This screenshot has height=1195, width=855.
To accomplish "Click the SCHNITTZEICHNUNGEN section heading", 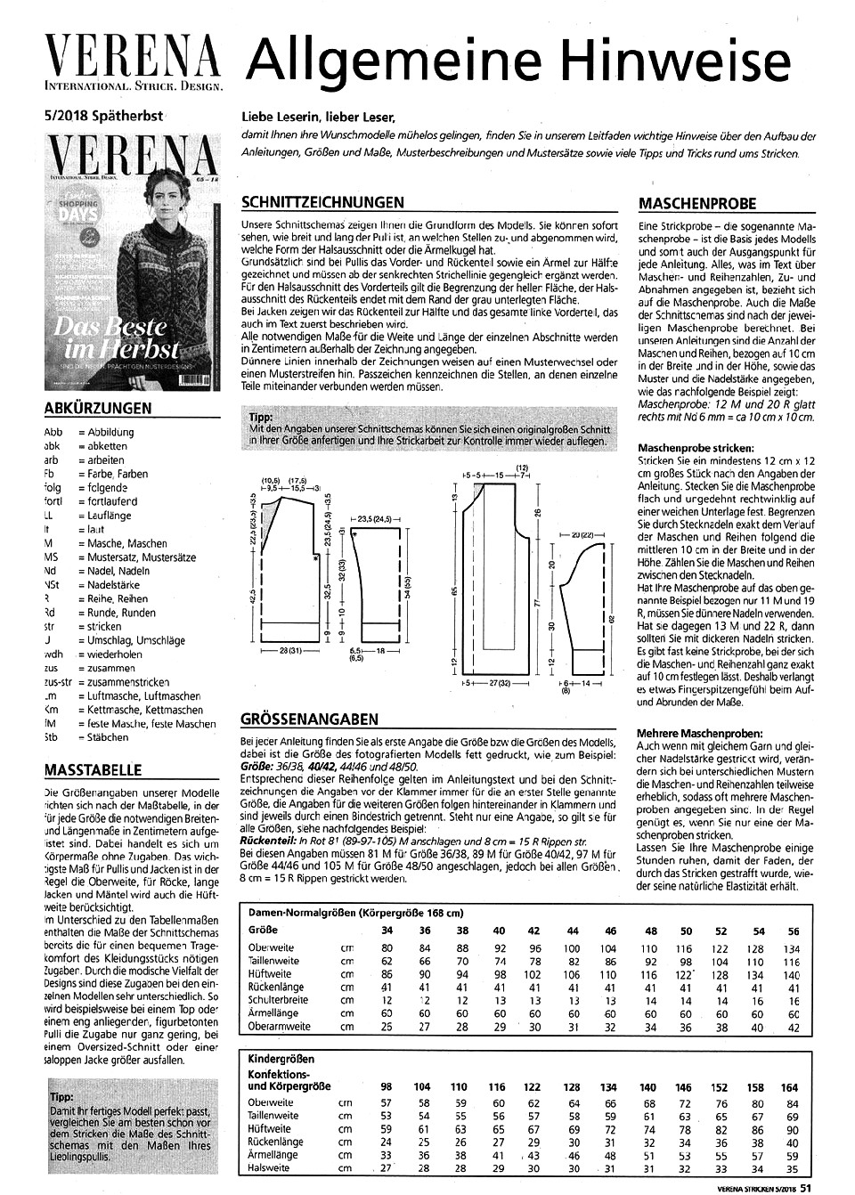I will [322, 202].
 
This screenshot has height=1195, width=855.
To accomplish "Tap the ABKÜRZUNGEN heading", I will [97, 409].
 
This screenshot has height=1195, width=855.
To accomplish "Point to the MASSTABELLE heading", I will [92, 769].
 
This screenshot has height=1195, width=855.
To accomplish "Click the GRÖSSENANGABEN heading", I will [310, 719].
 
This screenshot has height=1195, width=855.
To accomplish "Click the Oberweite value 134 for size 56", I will [793, 948].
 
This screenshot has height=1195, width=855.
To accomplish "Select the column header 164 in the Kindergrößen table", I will [789, 1086].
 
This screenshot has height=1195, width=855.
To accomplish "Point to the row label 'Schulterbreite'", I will [278, 1000].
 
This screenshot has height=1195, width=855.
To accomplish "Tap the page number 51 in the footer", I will [804, 1186].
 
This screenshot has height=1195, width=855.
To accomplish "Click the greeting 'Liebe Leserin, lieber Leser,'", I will [317, 117].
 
